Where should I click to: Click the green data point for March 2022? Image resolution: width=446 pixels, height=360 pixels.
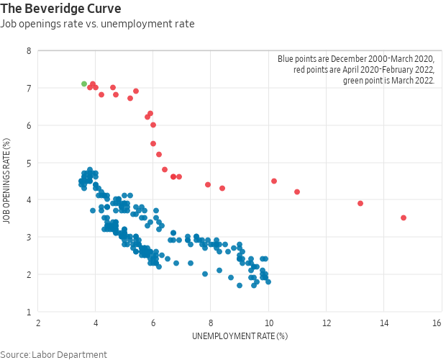pos(84,84)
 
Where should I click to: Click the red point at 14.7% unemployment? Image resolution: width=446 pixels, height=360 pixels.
pos(404,217)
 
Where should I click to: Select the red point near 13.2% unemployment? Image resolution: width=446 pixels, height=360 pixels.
pos(360,203)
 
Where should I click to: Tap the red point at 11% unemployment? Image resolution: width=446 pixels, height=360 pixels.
pos(297,192)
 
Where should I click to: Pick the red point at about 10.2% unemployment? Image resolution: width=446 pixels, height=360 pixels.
pos(274,181)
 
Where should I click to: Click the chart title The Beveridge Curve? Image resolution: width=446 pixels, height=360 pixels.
pos(60,9)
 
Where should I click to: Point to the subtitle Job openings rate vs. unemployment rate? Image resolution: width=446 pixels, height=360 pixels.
pos(97,24)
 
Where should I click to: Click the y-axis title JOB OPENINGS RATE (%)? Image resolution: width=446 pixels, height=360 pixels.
pos(6,181)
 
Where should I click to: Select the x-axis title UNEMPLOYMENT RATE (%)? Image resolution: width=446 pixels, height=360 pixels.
pos(240,336)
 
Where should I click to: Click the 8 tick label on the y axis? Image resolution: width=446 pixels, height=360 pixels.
pos(28,51)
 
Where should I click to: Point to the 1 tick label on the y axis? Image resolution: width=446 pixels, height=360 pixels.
pos(28,312)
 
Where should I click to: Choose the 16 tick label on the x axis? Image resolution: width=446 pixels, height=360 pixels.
pos(437,323)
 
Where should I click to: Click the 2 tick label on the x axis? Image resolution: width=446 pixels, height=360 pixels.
pos(38,323)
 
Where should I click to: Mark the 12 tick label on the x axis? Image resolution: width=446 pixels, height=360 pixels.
pos(326,323)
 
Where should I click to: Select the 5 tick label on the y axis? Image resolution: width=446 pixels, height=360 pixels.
pos(28,163)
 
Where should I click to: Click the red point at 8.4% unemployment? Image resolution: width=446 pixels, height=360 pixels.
pos(222,188)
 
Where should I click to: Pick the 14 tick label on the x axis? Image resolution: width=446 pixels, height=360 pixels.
pos(383,323)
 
